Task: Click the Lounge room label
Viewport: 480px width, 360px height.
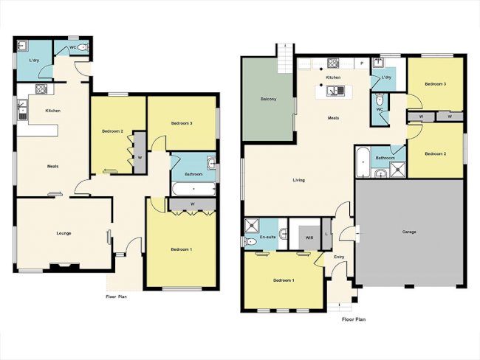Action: point(63,232)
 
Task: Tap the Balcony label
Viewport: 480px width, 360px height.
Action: point(268,99)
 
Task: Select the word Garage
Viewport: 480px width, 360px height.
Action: point(409,232)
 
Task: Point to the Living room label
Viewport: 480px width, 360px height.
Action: point(299,179)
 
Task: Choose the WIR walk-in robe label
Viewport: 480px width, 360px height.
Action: point(309,238)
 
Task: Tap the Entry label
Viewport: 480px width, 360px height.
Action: point(339,257)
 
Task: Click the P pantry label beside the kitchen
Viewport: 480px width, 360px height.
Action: point(362,63)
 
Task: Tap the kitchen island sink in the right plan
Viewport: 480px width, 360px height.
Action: point(333,91)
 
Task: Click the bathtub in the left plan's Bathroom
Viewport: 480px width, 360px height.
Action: point(192,190)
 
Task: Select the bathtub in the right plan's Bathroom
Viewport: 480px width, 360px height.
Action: point(362,162)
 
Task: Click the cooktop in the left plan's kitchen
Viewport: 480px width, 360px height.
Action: point(41,89)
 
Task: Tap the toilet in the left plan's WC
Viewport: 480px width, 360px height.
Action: point(82,48)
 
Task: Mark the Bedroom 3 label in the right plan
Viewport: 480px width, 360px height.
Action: point(435,84)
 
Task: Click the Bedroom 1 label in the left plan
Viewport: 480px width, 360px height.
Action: point(182,249)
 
